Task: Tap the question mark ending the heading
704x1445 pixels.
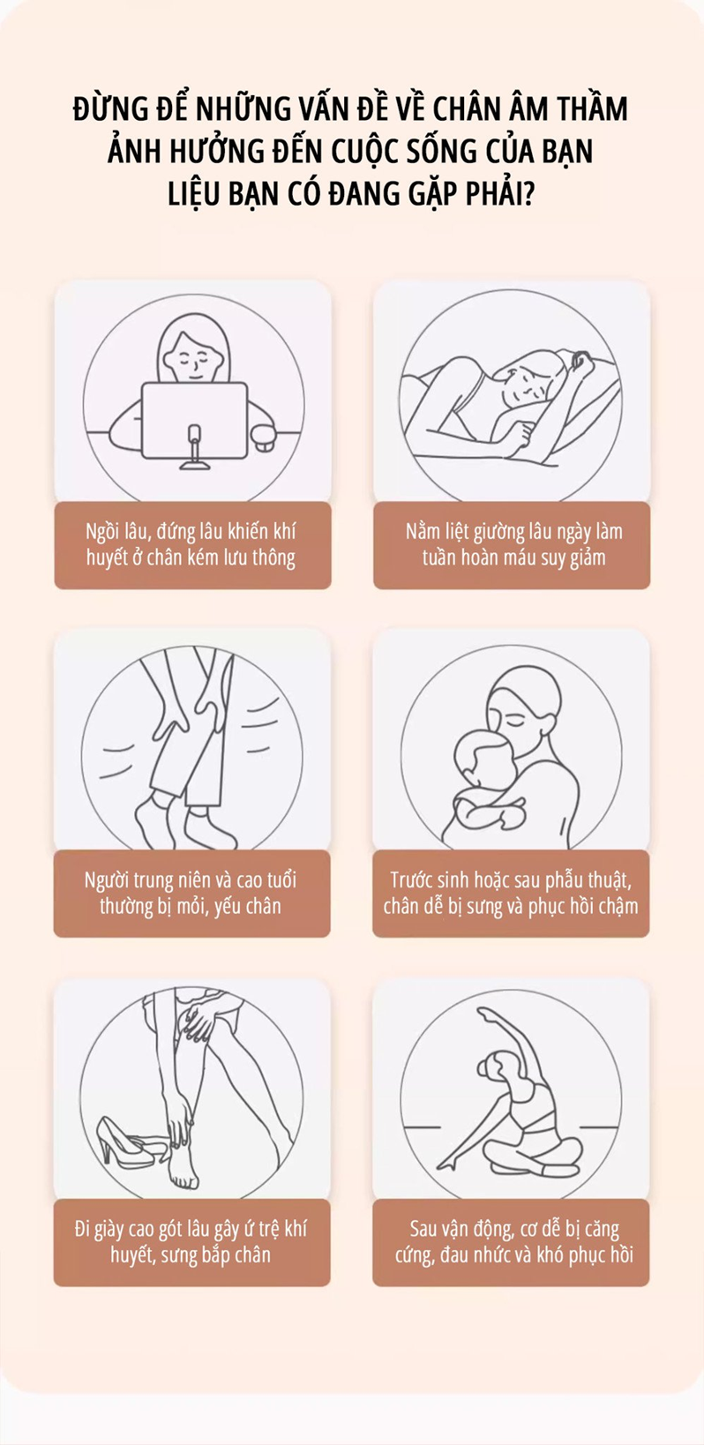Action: click(x=528, y=193)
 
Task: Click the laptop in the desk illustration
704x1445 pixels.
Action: click(x=194, y=421)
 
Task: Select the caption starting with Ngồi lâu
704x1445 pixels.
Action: click(x=191, y=544)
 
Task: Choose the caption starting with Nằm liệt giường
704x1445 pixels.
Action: click(x=513, y=544)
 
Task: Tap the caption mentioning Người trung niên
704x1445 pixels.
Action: click(x=191, y=893)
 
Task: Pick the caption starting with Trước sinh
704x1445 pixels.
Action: click(x=511, y=893)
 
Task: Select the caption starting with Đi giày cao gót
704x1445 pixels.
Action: click(x=191, y=1241)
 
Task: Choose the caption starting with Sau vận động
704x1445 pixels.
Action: click(x=513, y=1241)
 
